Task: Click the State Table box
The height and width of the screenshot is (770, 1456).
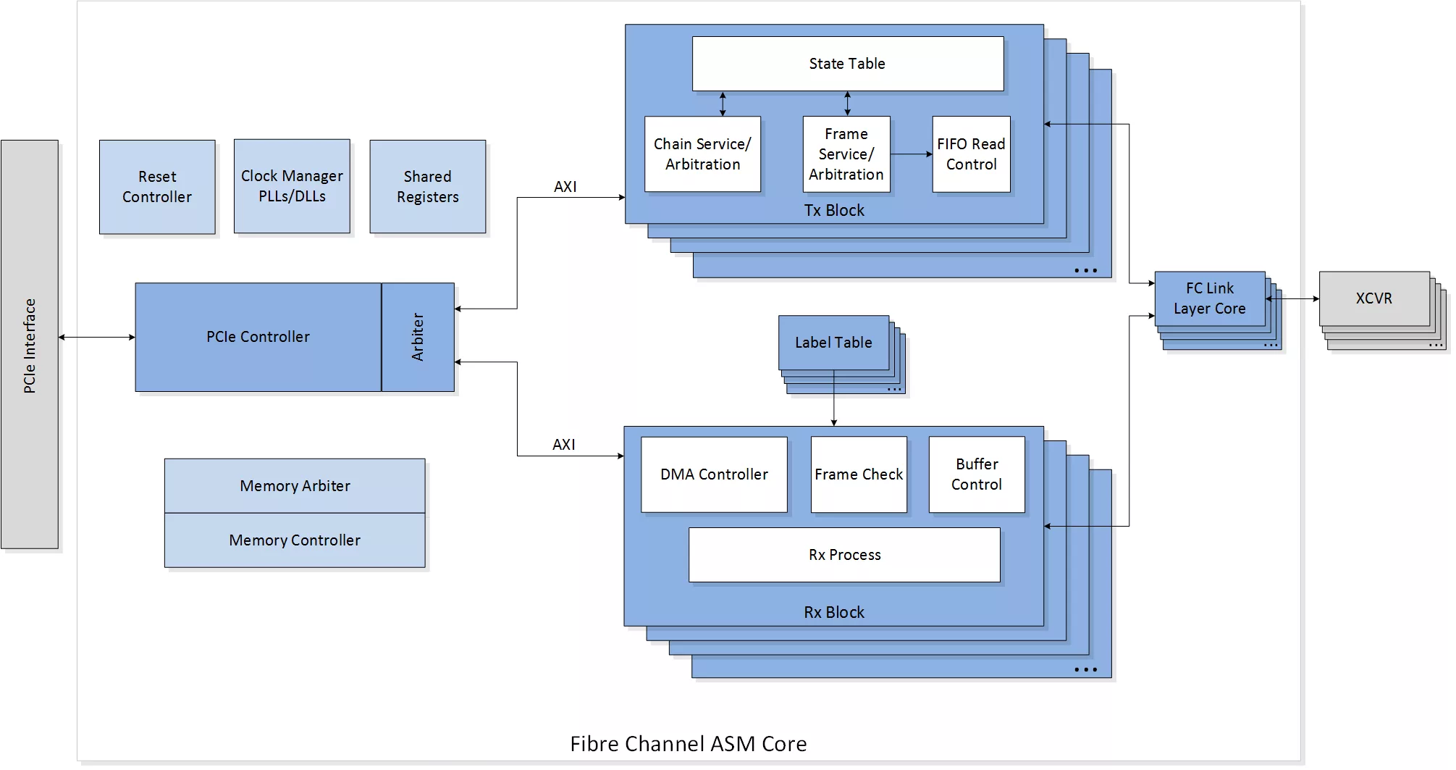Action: click(848, 64)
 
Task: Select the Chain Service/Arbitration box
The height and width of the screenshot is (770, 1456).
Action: click(702, 154)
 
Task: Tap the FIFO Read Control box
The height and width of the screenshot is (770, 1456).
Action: click(971, 154)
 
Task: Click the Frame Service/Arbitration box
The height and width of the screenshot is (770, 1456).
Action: click(846, 154)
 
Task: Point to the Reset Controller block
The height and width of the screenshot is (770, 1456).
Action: click(157, 187)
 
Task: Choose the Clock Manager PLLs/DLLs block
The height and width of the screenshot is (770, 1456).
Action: click(292, 186)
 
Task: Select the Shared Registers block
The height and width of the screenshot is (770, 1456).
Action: click(428, 187)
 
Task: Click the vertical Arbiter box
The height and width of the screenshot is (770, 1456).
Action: click(418, 337)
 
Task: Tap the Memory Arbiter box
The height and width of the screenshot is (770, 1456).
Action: click(295, 486)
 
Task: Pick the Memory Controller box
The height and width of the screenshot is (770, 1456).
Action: click(295, 540)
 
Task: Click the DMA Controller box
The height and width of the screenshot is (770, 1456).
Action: click(714, 474)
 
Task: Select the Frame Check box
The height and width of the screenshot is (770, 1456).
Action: click(859, 474)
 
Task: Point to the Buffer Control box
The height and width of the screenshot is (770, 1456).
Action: click(977, 474)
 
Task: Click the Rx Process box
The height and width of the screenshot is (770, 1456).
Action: click(844, 555)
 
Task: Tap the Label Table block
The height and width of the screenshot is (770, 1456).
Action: click(833, 343)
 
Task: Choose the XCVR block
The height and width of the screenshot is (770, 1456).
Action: click(1374, 298)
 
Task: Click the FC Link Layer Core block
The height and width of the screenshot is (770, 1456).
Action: click(1210, 298)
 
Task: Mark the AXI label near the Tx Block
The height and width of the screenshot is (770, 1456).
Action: click(565, 187)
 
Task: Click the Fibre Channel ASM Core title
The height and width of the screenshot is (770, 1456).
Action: click(689, 744)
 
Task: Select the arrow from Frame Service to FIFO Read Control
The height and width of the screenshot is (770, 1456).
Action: click(912, 154)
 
